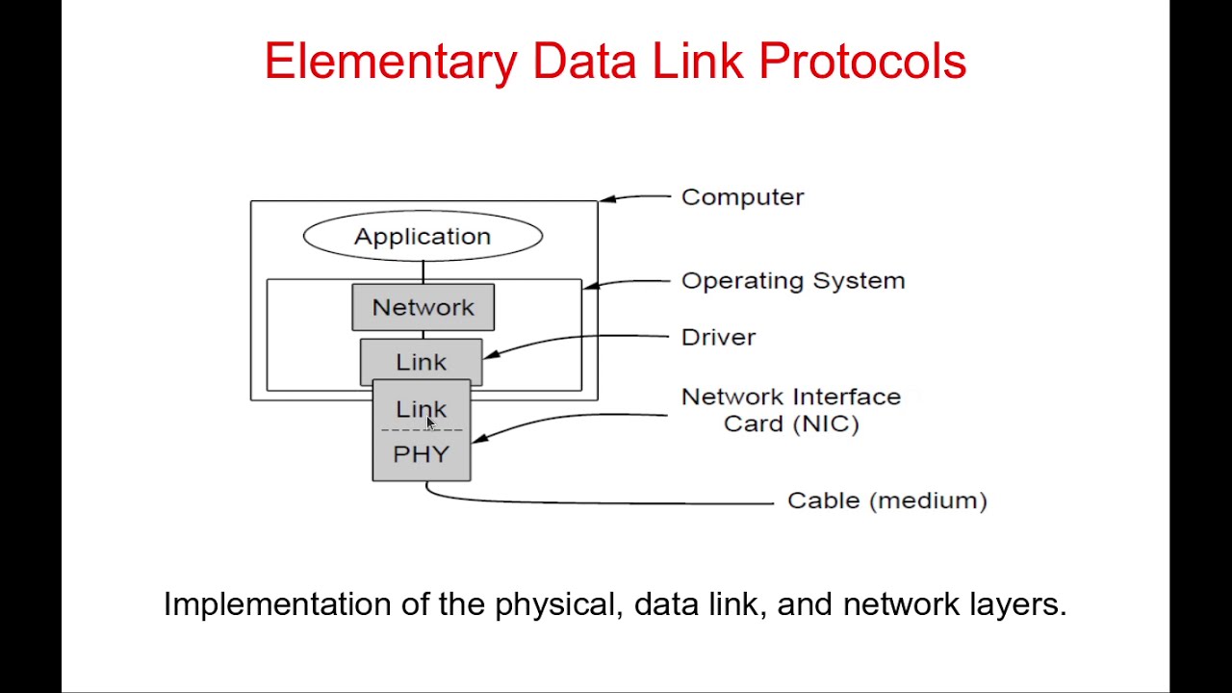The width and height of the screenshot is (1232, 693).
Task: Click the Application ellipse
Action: (423, 236)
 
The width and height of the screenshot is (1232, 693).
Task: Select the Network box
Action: (423, 307)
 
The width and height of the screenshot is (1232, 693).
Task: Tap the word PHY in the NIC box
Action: (421, 454)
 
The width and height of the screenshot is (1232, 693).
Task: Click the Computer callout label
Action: (742, 196)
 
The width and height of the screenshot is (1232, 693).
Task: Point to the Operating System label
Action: (792, 280)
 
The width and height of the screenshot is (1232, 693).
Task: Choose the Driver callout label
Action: (718, 337)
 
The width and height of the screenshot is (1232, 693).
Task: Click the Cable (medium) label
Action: (886, 500)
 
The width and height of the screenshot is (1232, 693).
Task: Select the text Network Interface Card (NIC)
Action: (790, 410)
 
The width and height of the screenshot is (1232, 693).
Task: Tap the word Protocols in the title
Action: (861, 62)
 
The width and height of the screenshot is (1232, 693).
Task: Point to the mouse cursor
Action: (430, 423)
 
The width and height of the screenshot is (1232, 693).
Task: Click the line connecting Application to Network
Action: (423, 271)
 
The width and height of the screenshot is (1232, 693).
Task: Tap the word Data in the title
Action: (583, 62)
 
